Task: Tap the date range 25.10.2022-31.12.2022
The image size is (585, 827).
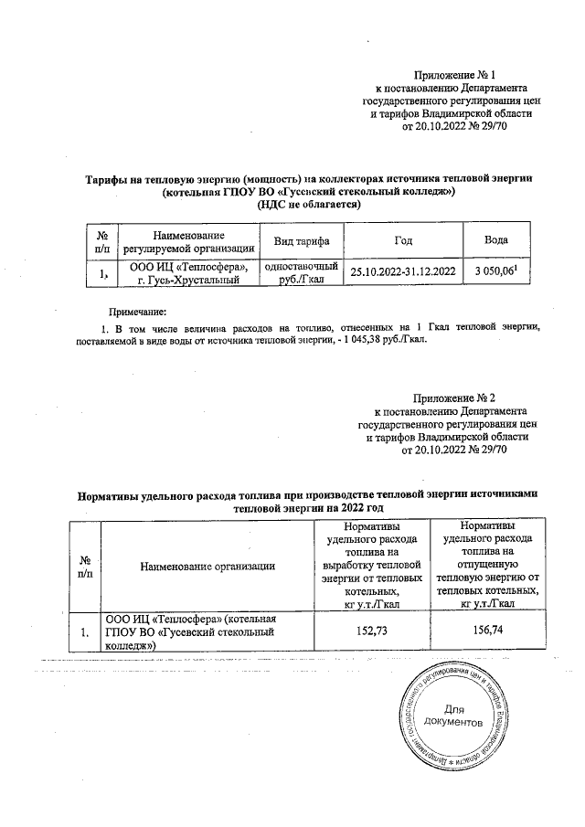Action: click(403, 272)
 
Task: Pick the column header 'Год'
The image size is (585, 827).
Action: click(403, 240)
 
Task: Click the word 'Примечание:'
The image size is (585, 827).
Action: click(125, 313)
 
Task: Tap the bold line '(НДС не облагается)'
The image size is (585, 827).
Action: click(309, 205)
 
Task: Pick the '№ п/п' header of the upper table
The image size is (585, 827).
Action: click(101, 240)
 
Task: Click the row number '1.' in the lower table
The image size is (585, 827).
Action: click(84, 631)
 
